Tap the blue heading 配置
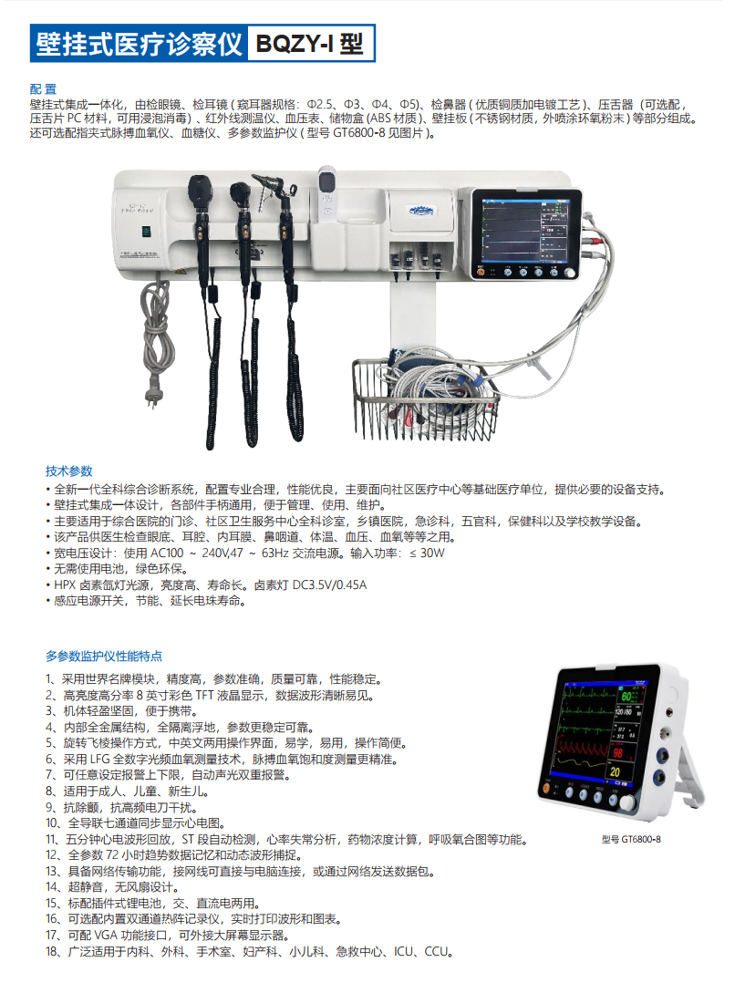click(43, 89)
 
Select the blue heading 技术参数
click(69, 471)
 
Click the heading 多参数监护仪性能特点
click(104, 657)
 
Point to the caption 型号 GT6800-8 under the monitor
click(630, 839)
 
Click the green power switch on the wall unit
click(145, 232)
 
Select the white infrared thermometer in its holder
click(326, 193)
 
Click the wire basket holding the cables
click(426, 399)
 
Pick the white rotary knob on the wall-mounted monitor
click(569, 273)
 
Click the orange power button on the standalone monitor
click(545, 789)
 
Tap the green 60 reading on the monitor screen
click(626, 697)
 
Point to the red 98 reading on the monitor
click(617, 753)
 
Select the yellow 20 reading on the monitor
click(615, 772)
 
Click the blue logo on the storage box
click(421, 211)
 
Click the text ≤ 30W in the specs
click(427, 553)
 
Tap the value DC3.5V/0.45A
click(329, 584)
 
